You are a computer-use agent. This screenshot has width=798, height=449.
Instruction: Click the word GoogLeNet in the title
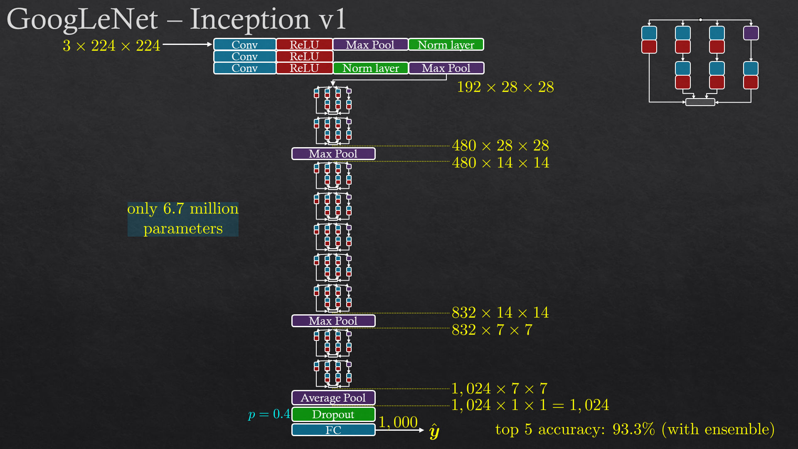[x=82, y=19]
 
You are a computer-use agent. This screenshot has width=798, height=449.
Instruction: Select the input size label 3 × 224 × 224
[x=111, y=45]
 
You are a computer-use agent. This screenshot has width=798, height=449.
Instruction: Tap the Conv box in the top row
[x=244, y=44]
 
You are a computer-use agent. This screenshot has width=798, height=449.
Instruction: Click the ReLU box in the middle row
[x=304, y=56]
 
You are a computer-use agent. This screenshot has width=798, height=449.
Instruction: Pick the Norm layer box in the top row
[x=446, y=44]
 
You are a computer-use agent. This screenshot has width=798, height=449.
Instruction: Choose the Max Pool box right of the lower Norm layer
[x=446, y=68]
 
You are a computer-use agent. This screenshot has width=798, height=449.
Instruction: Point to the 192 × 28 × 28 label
[x=505, y=87]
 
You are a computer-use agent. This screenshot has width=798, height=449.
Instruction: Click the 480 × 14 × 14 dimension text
[x=500, y=163]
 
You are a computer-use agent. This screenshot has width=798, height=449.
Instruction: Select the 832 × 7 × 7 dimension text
[x=492, y=330]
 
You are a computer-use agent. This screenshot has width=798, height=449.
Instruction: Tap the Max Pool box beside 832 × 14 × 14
[x=333, y=321]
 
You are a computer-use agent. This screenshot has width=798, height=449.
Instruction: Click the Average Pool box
[x=333, y=398]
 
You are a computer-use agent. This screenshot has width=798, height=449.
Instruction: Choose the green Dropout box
[x=333, y=414]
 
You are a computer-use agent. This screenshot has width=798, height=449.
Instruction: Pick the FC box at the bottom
[x=333, y=430]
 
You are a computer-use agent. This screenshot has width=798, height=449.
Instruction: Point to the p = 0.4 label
[x=269, y=414]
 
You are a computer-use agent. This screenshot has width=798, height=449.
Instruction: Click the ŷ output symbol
[x=434, y=432]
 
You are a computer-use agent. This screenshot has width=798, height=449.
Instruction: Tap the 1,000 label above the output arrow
[x=398, y=422]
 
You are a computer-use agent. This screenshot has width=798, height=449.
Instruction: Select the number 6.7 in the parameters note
[x=173, y=209]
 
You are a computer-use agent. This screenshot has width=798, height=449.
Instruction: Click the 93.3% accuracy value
[x=633, y=429]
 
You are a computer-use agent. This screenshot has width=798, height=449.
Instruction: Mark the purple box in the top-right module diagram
[x=751, y=33]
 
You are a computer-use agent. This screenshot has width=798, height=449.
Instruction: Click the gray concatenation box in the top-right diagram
[x=700, y=102]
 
